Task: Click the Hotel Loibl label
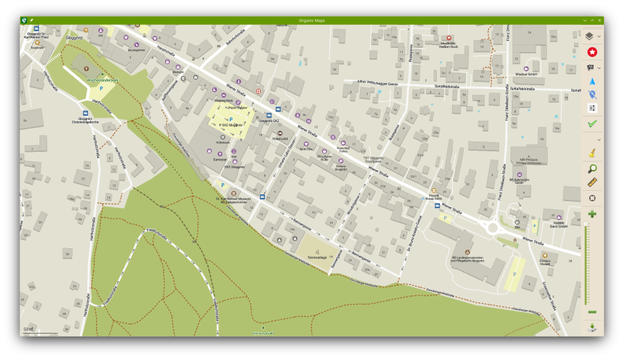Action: (280, 138)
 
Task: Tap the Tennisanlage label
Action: (316, 257)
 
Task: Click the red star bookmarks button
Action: (592, 52)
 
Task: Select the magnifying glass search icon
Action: (592, 169)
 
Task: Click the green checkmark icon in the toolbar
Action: (592, 123)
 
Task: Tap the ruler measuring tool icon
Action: (592, 183)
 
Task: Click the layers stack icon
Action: (589, 36)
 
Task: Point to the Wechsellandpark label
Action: (103, 80)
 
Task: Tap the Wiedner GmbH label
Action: (526, 74)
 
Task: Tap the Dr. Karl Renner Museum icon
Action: (233, 194)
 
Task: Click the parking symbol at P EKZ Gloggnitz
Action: (231, 119)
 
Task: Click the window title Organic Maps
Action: (312, 20)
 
